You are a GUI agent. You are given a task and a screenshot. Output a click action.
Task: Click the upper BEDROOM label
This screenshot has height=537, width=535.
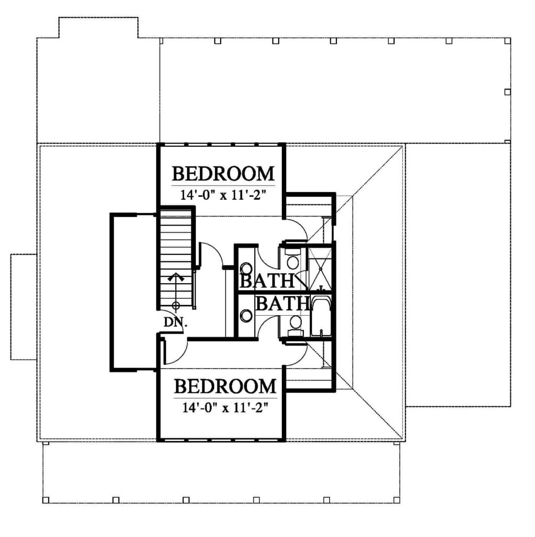coord(223,174)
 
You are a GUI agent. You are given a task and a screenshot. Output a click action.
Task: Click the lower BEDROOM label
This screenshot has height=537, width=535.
coord(225,386)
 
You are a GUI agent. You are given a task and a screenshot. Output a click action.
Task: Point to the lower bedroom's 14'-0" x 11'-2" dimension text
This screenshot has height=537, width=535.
coord(225,408)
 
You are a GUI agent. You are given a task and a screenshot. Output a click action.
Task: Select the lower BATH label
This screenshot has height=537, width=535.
coord(282,303)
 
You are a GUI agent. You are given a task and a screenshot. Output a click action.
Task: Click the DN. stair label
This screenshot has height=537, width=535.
coord(176,323)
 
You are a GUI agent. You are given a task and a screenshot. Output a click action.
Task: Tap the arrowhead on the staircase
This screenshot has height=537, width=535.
coord(176,277)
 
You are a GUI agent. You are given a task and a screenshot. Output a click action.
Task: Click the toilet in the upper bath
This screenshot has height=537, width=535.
coord(293,260)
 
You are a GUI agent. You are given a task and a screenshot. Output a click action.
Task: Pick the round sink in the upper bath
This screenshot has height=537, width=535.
coord(246,269)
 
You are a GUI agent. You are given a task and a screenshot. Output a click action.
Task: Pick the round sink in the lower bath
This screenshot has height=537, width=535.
coord(246,316)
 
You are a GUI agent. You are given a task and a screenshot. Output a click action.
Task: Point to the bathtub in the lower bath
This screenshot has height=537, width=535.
coord(321,316)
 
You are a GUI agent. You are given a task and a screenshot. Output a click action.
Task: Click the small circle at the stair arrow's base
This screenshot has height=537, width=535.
coord(176,305)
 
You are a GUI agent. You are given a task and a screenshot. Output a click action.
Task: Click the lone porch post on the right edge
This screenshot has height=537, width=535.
coord(508,92)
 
